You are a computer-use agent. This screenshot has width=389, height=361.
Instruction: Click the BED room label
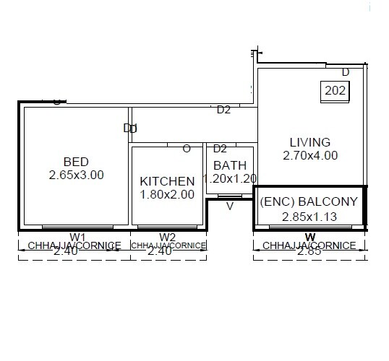(76, 162)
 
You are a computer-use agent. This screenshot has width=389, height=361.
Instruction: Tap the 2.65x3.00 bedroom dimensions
(76, 175)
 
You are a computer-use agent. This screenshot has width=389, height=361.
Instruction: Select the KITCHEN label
(167, 181)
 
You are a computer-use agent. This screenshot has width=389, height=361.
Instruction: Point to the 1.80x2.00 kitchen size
(167, 194)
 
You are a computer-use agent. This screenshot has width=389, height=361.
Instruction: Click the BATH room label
(230, 165)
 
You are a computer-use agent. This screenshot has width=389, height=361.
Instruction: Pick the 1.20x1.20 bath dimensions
(231, 178)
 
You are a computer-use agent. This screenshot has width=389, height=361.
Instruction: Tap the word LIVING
(309, 142)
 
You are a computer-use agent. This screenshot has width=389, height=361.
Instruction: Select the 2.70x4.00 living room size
(309, 155)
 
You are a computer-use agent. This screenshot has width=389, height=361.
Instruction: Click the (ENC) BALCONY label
(309, 202)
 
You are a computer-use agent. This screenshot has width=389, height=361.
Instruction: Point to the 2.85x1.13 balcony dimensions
(309, 215)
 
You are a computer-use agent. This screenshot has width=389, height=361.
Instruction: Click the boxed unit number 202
(335, 91)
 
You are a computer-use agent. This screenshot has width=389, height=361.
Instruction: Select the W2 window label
(167, 237)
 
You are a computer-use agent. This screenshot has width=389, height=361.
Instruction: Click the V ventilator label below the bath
(230, 206)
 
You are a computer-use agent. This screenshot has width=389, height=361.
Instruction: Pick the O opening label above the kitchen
(187, 149)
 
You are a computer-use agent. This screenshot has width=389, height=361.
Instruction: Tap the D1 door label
(130, 129)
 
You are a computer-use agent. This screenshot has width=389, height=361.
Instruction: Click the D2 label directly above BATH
(220, 149)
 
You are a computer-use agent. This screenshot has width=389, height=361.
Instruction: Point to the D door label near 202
(346, 72)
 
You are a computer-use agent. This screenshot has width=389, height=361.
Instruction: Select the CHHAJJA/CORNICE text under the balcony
(309, 245)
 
